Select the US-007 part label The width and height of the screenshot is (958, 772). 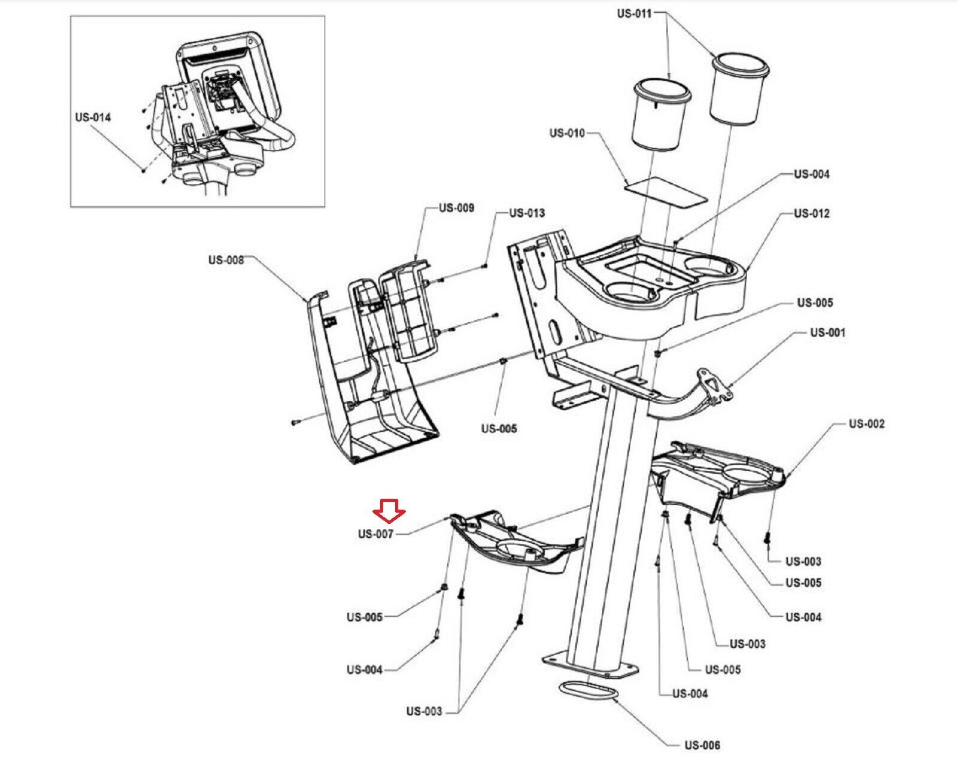pyautogui.click(x=375, y=534)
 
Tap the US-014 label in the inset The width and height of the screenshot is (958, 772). pyautogui.click(x=93, y=117)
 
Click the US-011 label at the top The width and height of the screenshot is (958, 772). pyautogui.click(x=634, y=13)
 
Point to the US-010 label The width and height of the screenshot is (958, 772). pyautogui.click(x=567, y=132)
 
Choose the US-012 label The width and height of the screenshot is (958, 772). pyautogui.click(x=812, y=213)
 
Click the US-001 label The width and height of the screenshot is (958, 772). pyautogui.click(x=827, y=332)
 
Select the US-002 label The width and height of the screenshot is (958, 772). pyautogui.click(x=866, y=423)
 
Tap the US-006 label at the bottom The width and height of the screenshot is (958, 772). pyautogui.click(x=702, y=745)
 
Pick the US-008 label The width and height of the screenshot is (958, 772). pyautogui.click(x=226, y=260)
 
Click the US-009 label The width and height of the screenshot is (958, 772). pyautogui.click(x=456, y=208)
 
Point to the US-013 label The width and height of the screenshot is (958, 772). pyautogui.click(x=527, y=213)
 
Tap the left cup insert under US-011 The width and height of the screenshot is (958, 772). pyautogui.click(x=660, y=117)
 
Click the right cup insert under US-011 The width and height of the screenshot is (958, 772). pyautogui.click(x=739, y=90)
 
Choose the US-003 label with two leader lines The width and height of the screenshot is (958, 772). pyautogui.click(x=424, y=711)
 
